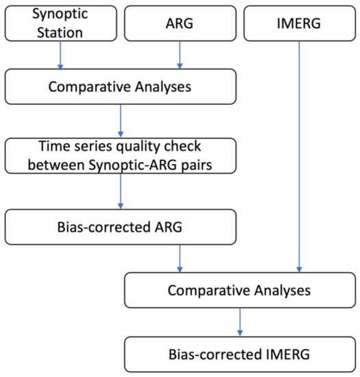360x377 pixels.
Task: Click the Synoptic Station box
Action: coord(61,23)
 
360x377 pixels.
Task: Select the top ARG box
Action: coord(180,23)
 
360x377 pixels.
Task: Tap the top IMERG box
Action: coord(300,23)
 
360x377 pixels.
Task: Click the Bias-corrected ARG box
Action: coord(121,227)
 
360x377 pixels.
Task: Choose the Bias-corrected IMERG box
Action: coord(240,354)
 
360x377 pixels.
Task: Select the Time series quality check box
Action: coord(121,156)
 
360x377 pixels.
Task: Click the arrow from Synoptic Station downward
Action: coord(60,56)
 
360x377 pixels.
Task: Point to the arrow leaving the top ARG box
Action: coord(180,55)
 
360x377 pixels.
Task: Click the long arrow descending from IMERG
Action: coord(299,157)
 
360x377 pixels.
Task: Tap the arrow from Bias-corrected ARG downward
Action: coord(180,258)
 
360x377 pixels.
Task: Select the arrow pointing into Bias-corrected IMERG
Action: coord(240,322)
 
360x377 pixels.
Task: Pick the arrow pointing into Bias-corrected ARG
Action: coord(121,191)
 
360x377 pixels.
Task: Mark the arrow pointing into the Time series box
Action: coord(121,121)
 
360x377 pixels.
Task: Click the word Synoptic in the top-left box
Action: coord(60,14)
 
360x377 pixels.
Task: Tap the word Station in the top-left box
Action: coord(60,32)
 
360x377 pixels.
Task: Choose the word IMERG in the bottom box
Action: coord(288,354)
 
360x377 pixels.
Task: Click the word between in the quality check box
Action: coord(56,165)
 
